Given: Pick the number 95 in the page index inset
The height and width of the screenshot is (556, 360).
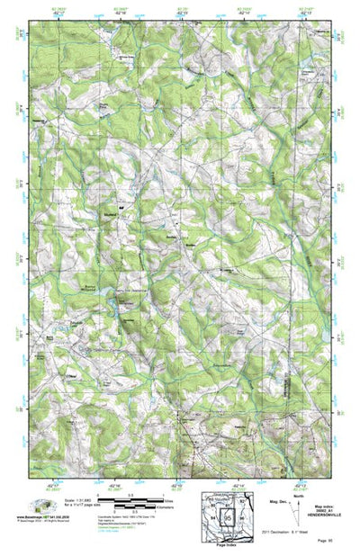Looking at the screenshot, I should click(229, 519).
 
